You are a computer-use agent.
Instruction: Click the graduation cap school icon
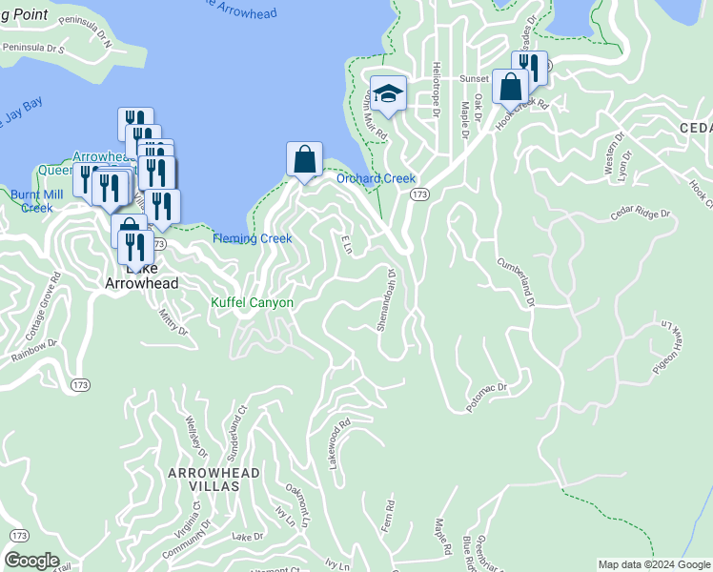[x=388, y=93]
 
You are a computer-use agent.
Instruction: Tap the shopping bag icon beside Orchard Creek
[x=304, y=158]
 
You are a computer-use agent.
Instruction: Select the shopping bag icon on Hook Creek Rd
[x=511, y=86]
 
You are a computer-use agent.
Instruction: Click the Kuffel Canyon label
[x=252, y=302]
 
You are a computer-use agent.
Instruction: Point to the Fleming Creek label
[x=252, y=238]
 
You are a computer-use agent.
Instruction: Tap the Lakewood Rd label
[x=340, y=435]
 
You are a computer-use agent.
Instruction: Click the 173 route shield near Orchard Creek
[x=419, y=194]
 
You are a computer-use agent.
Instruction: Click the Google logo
[x=32, y=561]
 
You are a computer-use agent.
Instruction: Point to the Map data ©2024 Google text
[x=653, y=564]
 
